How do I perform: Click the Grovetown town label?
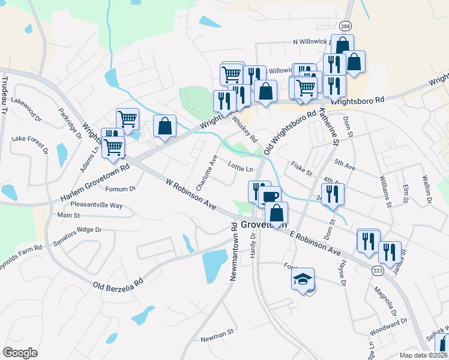click(x=264, y=225)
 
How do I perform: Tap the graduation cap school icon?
click(x=303, y=279)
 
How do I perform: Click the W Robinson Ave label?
click(x=191, y=196)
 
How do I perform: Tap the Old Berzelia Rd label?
click(x=117, y=283)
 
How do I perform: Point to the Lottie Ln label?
click(x=241, y=169)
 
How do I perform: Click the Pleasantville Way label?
click(x=97, y=205)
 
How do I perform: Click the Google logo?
click(x=20, y=352)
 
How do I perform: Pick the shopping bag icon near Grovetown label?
click(x=276, y=213)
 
